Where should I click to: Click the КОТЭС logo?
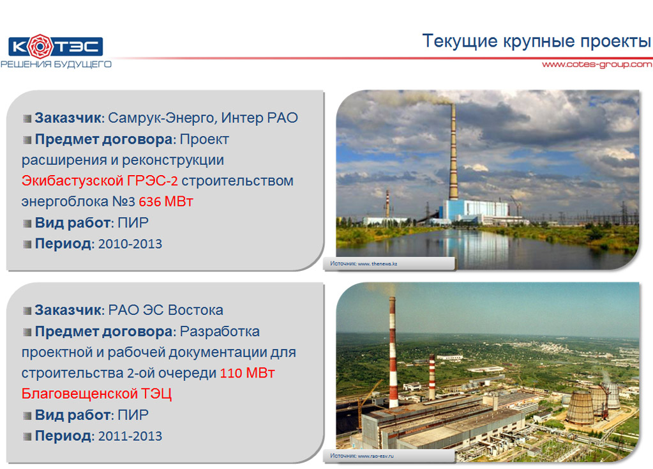(x=56, y=46)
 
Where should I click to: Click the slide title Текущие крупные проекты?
(x=536, y=41)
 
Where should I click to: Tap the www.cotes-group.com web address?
(x=597, y=64)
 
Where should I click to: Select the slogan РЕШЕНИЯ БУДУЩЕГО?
(x=56, y=64)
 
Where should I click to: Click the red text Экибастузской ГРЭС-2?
(x=100, y=181)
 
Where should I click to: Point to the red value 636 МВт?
(x=166, y=202)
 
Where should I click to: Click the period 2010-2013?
(x=130, y=244)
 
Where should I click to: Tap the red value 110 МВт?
(x=247, y=373)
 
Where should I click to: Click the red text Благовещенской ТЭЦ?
(x=96, y=394)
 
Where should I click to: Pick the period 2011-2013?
(x=130, y=436)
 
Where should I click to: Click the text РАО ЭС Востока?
(x=166, y=310)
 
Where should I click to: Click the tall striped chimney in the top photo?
(x=453, y=151)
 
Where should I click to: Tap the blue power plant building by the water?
(x=476, y=210)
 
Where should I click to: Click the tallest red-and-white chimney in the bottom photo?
(x=393, y=352)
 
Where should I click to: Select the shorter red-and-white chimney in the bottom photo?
(x=432, y=377)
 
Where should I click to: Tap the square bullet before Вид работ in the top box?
(x=27, y=224)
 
